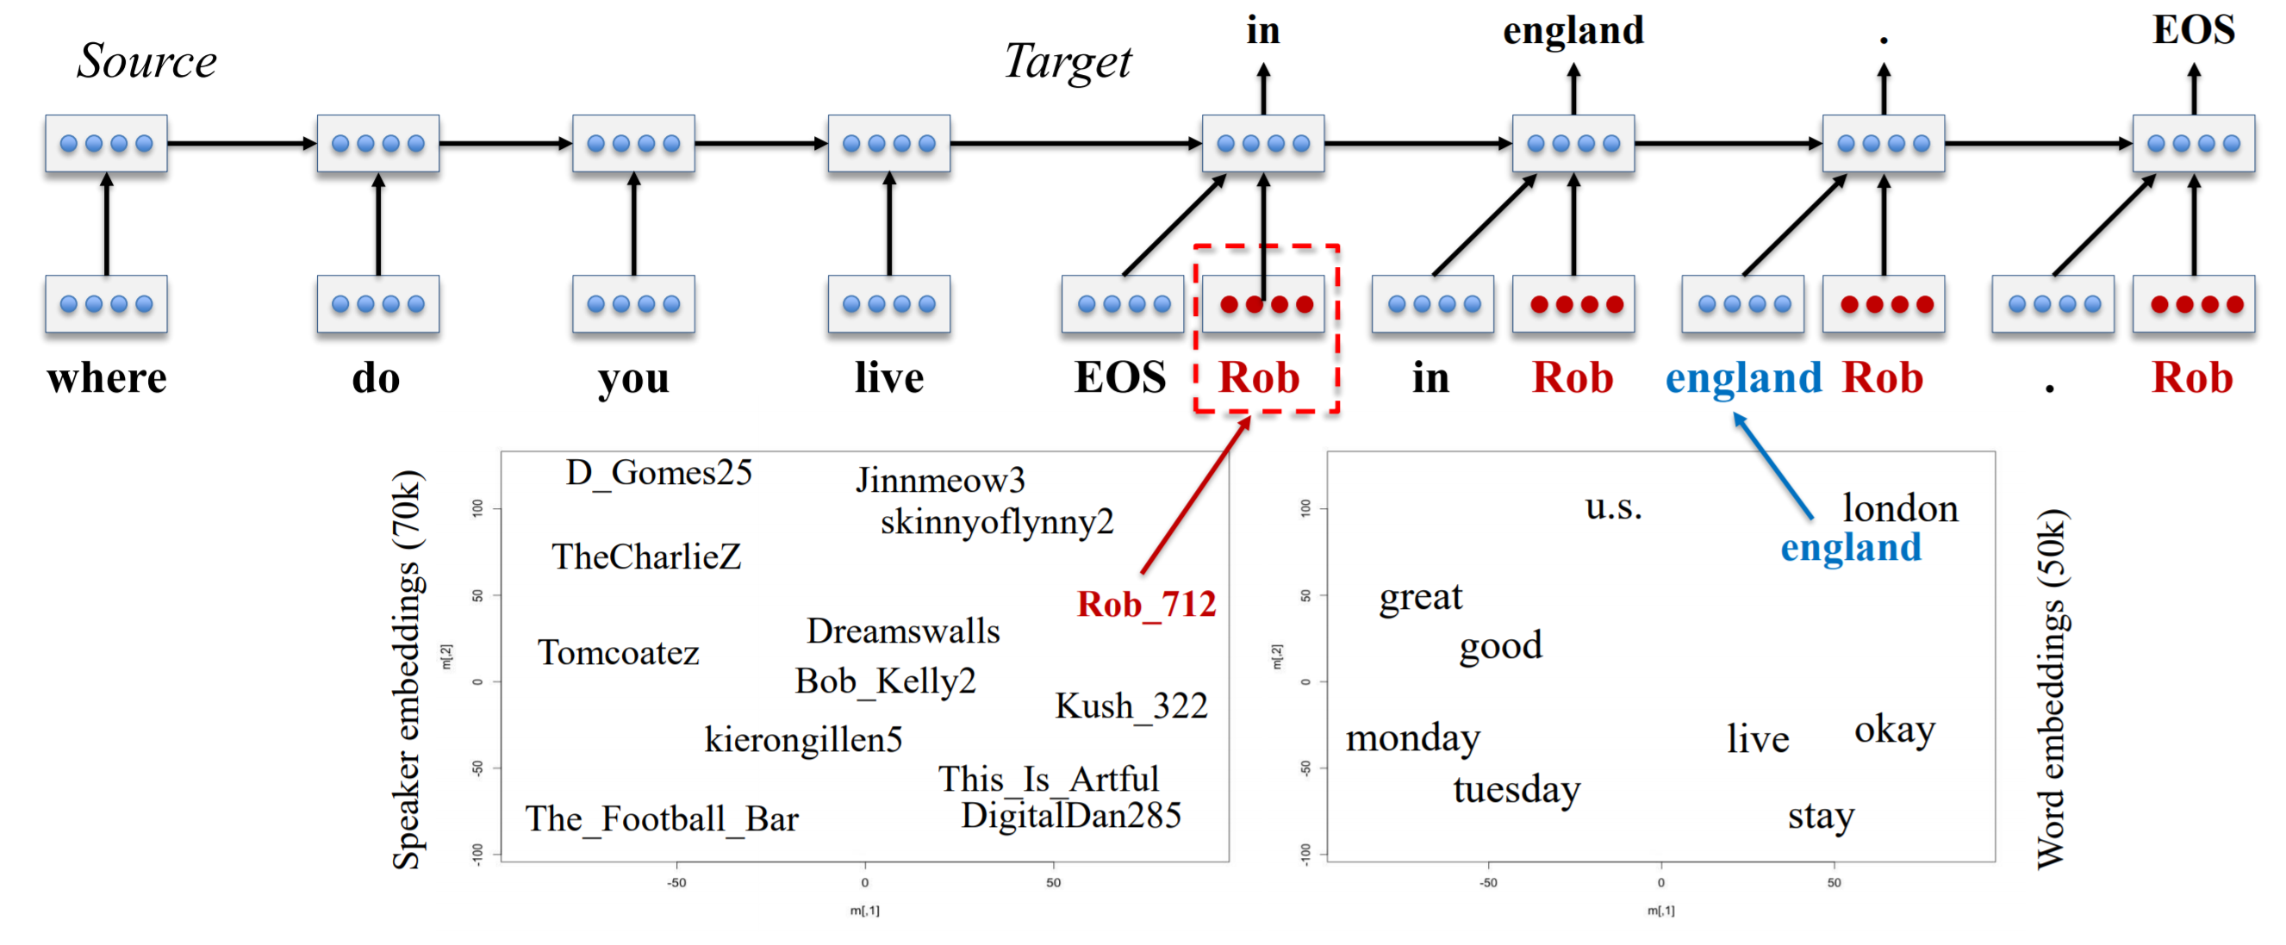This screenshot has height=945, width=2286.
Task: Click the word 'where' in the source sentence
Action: tap(107, 378)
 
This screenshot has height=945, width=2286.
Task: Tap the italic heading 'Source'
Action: tap(146, 60)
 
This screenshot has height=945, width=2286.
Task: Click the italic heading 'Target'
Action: tap(1068, 62)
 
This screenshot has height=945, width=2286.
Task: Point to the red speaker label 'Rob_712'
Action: tap(1146, 605)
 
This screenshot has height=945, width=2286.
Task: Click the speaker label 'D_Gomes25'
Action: tap(659, 473)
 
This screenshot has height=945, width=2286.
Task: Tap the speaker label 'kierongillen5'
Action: tap(803, 739)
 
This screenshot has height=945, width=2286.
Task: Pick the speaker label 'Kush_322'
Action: tap(1131, 706)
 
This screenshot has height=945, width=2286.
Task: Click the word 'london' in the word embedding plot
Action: tap(1900, 508)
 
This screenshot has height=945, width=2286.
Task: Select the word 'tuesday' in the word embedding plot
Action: tap(1517, 790)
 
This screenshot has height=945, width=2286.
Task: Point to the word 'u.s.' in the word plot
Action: tap(1613, 507)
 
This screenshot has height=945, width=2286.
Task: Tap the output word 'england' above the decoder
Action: tap(1573, 32)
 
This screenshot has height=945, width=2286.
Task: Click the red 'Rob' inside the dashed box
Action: tap(1259, 378)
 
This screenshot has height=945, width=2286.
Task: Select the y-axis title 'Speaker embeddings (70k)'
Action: tap(407, 669)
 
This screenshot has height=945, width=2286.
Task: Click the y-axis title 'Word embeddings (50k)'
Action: tap(2052, 688)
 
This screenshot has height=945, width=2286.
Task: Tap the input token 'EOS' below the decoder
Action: tap(1120, 378)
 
